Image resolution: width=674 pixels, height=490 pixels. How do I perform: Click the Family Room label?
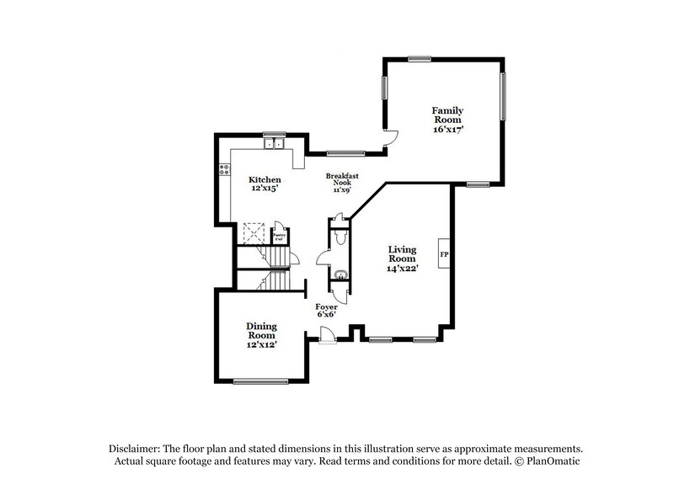coord(447,120)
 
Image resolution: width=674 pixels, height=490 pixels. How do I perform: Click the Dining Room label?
coord(261,334)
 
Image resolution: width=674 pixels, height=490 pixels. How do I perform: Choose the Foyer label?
coord(327,311)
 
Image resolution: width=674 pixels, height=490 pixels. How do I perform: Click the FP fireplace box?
coord(444,252)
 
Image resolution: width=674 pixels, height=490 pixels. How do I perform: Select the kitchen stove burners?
coord(225,169)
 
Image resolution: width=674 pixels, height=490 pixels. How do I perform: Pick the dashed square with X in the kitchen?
coord(253,232)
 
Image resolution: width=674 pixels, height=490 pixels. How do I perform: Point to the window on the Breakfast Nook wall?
coord(340,153)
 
